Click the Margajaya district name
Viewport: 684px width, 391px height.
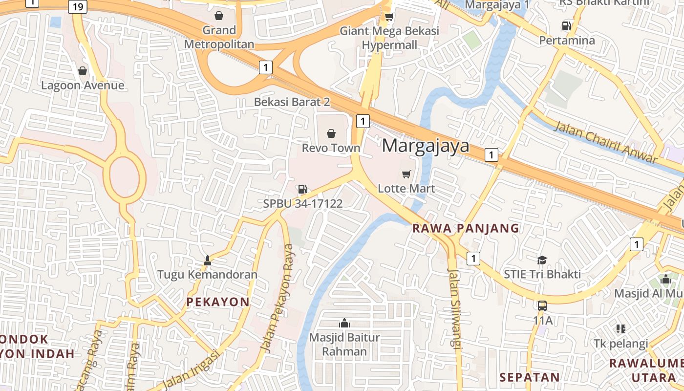click(x=425, y=146)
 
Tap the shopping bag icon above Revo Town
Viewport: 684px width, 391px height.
click(x=331, y=133)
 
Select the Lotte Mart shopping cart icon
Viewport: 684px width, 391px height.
click(x=406, y=174)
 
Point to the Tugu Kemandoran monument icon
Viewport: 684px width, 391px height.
click(x=208, y=260)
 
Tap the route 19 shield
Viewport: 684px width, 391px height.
click(x=78, y=7)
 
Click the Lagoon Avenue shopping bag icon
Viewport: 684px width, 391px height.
click(x=83, y=71)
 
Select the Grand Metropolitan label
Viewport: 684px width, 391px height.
click(x=219, y=37)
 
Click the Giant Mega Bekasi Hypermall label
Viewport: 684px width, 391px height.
click(x=389, y=38)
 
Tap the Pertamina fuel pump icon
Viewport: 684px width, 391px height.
click(x=567, y=26)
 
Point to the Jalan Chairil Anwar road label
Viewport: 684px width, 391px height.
click(x=605, y=142)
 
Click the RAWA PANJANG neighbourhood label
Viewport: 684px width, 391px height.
click(x=466, y=228)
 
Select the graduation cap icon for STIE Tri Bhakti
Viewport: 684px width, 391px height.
click(x=542, y=260)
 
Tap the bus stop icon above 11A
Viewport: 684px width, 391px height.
click(x=542, y=306)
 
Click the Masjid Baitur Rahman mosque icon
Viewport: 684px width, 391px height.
click(x=344, y=323)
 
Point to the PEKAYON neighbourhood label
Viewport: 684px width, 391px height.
click(x=218, y=302)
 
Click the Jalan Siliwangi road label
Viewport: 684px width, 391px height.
click(x=454, y=309)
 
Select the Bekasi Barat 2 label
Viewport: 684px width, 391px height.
click(x=292, y=102)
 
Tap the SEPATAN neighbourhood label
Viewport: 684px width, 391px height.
click(x=529, y=377)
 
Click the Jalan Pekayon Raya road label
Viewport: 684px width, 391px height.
click(x=278, y=298)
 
